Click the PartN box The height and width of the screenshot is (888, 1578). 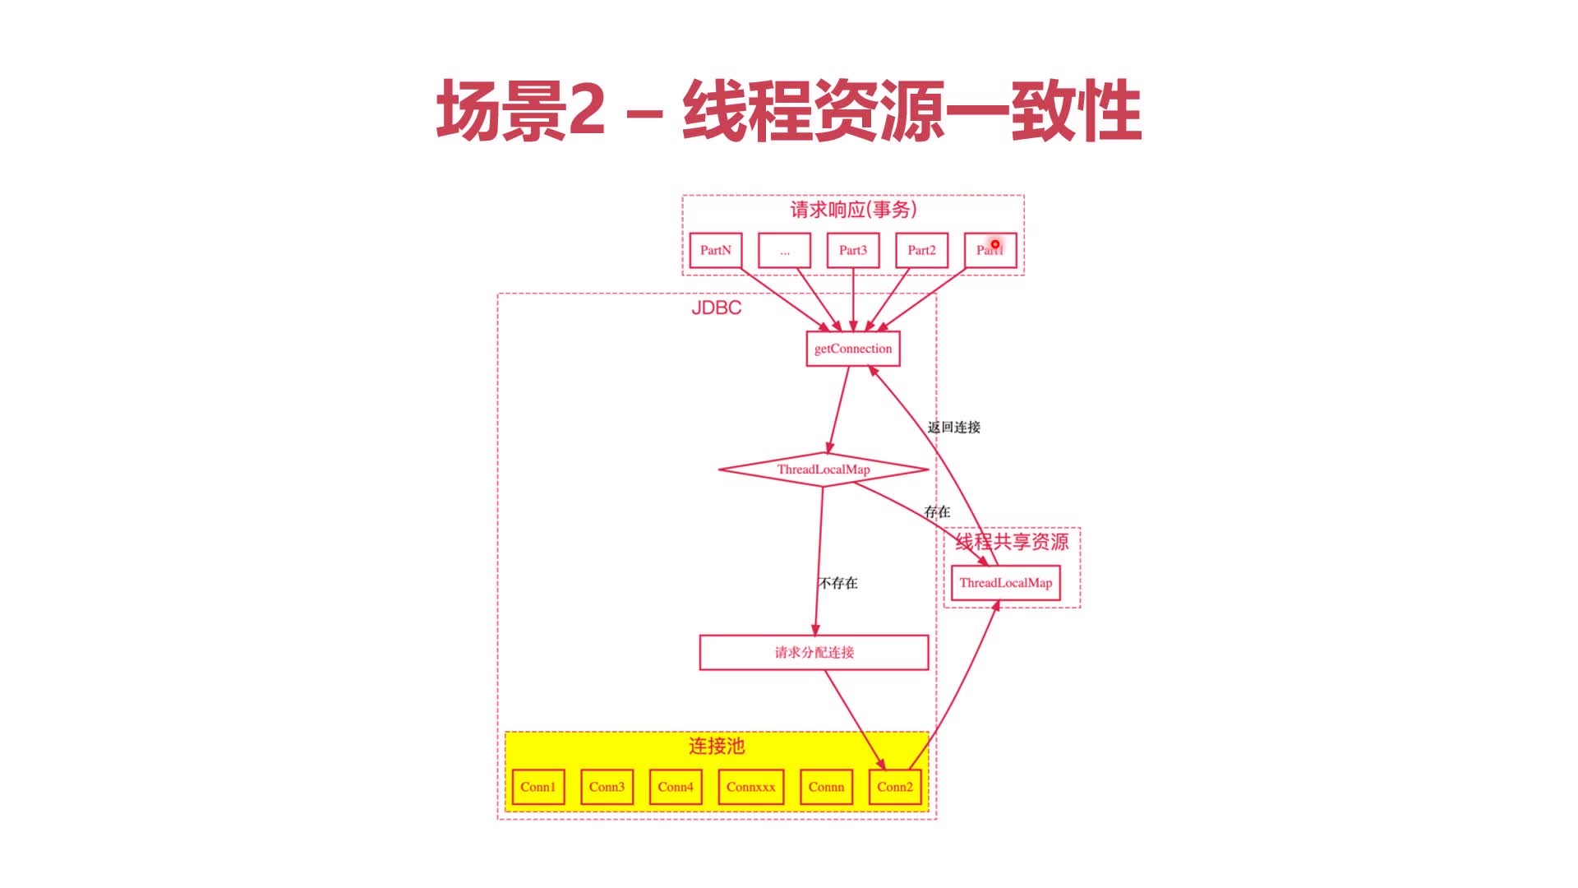click(715, 250)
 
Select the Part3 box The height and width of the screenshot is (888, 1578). click(852, 250)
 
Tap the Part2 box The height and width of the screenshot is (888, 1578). click(921, 250)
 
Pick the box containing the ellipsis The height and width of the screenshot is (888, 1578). click(784, 250)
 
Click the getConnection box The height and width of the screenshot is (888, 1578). click(852, 349)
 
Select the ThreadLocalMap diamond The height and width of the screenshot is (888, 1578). click(823, 469)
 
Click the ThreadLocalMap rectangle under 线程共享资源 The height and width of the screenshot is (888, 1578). click(1005, 583)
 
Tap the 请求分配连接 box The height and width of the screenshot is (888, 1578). click(814, 652)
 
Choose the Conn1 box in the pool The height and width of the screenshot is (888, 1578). click(538, 787)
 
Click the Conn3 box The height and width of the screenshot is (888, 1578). click(607, 787)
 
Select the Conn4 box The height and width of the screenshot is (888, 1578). click(675, 787)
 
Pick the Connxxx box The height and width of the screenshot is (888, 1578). click(750, 787)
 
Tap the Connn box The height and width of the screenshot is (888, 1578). click(826, 787)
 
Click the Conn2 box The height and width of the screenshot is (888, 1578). click(894, 787)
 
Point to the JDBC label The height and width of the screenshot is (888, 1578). click(716, 308)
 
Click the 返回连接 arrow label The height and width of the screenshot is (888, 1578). click(953, 428)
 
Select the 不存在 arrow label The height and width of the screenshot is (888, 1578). click(837, 583)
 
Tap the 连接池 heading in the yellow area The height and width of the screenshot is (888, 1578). click(716, 746)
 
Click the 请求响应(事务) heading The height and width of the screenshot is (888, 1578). click(853, 210)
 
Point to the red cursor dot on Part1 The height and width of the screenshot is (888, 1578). click(994, 244)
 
